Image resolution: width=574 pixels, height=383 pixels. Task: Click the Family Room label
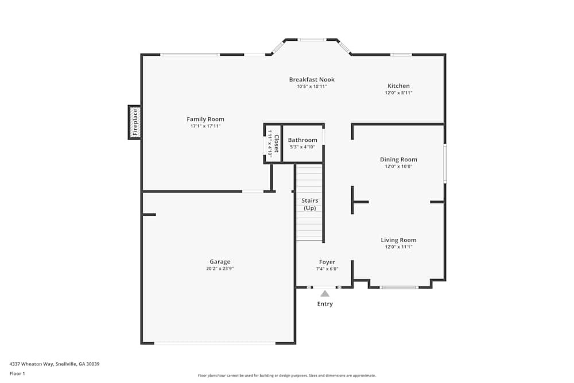coord(205,119)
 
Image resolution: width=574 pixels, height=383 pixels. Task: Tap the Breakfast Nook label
coord(312,80)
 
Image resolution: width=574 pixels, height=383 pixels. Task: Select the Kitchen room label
coord(398,86)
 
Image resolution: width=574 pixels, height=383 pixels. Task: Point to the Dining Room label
coord(398,160)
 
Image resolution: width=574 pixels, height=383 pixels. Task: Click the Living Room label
coord(398,240)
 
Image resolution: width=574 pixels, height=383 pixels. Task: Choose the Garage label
coord(220,262)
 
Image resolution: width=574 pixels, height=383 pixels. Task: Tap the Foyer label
coord(327,262)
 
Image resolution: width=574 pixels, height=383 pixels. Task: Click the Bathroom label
coord(302,140)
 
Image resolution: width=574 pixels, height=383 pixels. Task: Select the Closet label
coord(276,144)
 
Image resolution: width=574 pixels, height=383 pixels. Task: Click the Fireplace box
coord(135,122)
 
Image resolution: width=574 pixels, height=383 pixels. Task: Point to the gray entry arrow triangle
coord(325,293)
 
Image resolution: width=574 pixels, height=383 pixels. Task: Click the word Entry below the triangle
coord(325,304)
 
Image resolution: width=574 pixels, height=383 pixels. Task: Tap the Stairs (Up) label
coord(310,204)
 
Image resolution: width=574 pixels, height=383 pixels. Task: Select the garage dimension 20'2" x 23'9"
coord(220,268)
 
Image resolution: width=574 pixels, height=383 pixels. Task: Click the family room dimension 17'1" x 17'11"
coord(205,126)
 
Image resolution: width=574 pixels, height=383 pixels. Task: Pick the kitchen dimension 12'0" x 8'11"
coord(398,92)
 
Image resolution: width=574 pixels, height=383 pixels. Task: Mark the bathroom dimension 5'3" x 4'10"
coord(302,147)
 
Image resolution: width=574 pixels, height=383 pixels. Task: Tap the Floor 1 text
coord(17,373)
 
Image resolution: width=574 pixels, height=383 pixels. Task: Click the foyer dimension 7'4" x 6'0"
coord(327,269)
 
